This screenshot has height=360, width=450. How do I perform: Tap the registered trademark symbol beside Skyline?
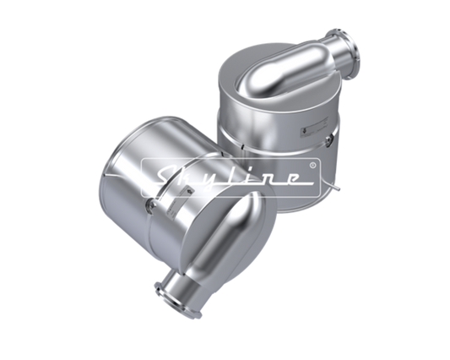point(313,165)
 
